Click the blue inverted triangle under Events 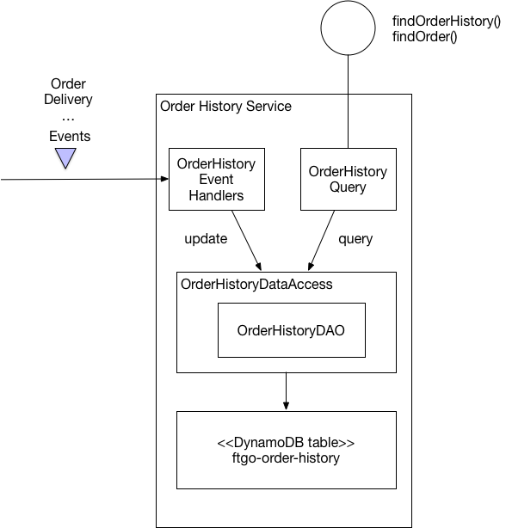pyautogui.click(x=66, y=157)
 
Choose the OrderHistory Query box pyautogui.click(x=348, y=179)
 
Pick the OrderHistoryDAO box pyautogui.click(x=291, y=330)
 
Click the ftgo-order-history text pyautogui.click(x=286, y=458)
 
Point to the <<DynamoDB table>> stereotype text pyautogui.click(x=286, y=443)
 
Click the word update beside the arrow pyautogui.click(x=206, y=239)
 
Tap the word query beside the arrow pyautogui.click(x=355, y=239)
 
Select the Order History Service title pyautogui.click(x=226, y=107)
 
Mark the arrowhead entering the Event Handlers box pyautogui.click(x=164, y=179)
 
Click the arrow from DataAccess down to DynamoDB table pyautogui.click(x=286, y=392)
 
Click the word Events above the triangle pyautogui.click(x=69, y=136)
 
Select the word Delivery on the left pyautogui.click(x=68, y=100)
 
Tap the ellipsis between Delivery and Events pyautogui.click(x=68, y=117)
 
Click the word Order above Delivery pyautogui.click(x=68, y=84)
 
